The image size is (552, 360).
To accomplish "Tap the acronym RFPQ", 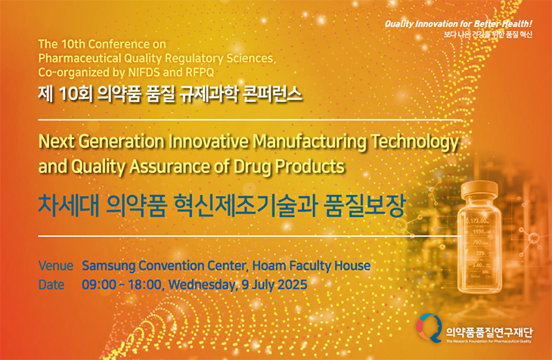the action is [200, 73].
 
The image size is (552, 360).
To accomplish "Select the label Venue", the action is [56, 265].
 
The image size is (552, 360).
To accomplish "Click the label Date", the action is [51, 284].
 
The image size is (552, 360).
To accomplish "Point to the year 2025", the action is [292, 284].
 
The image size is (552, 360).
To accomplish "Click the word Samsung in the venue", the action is [108, 266].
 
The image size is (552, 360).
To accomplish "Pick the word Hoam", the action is [269, 265].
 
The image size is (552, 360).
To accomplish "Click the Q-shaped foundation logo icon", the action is [430, 328].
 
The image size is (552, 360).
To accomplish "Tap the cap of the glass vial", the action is [479, 191].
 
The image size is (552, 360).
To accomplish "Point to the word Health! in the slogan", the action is [517, 24].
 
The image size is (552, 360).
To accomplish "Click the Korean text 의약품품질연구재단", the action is [489, 332].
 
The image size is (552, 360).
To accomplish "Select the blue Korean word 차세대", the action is [68, 206].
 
